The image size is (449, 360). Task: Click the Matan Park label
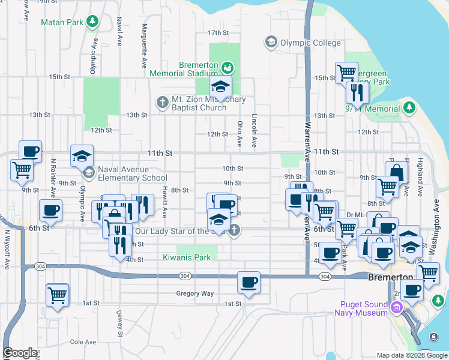click(x=61, y=23)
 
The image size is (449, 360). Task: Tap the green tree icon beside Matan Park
click(x=92, y=23)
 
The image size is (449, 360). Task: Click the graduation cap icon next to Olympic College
click(x=271, y=42)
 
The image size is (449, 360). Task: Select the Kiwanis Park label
click(x=187, y=257)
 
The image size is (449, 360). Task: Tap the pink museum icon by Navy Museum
click(x=396, y=308)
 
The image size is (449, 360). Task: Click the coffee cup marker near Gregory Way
click(x=249, y=282)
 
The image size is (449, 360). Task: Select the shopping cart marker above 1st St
click(x=57, y=295)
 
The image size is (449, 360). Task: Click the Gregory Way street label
click(x=195, y=293)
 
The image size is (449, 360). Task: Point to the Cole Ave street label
click(x=83, y=342)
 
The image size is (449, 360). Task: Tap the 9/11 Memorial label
click(x=372, y=109)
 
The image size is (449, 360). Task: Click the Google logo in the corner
click(x=20, y=353)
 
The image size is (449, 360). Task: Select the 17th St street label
click(x=218, y=32)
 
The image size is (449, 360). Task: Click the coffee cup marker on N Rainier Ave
click(x=50, y=211)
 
